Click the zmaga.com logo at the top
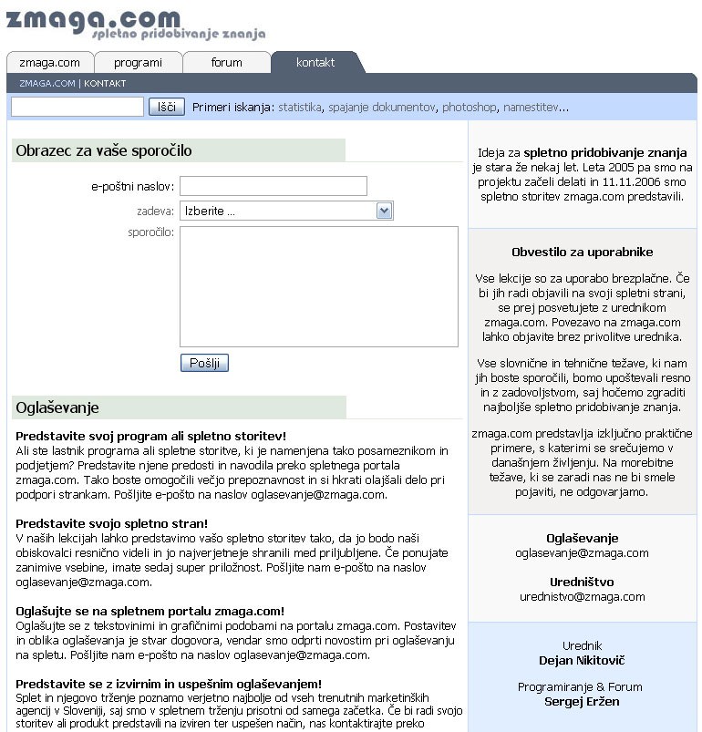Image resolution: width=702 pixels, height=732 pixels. pos(91,20)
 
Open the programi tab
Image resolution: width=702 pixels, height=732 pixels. pos(139,63)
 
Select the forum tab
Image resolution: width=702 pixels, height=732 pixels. pos(226,63)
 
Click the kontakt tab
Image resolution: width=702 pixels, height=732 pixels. pos(315,63)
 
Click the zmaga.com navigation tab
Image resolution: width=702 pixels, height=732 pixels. pos(49,63)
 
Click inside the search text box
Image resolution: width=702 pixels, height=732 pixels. pos(77,107)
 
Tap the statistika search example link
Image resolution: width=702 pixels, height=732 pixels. pos(300,108)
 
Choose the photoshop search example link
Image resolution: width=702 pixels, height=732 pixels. pos(470,108)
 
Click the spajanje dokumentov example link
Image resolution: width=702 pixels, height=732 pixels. pos(382,108)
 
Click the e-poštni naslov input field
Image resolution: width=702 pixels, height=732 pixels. pos(273,186)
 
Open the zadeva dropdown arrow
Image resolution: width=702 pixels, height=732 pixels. pos(384,211)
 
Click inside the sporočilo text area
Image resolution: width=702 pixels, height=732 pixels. pos(318,286)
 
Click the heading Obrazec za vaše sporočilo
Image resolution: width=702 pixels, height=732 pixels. pos(104,150)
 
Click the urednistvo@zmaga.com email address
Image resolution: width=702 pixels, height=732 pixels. pos(582,597)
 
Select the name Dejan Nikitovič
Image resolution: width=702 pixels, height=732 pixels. pos(582,660)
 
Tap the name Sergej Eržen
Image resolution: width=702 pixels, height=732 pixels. pos(582,701)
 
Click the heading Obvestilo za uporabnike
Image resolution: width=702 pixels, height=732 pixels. pos(582,253)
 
